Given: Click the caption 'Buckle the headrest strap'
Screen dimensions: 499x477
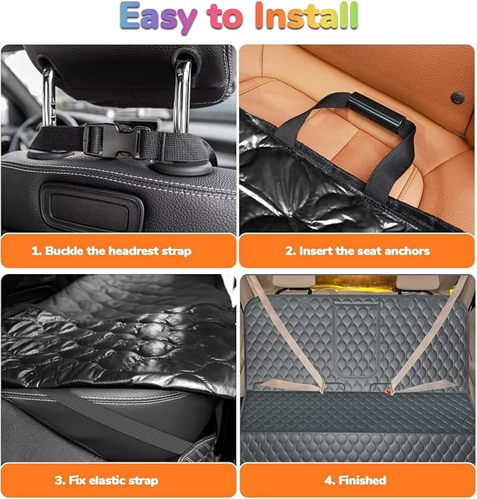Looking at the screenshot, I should click(118, 251).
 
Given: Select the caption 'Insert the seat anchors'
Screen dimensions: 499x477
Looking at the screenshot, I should click(357, 251).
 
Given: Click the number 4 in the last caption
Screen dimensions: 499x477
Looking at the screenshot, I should click(329, 481).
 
